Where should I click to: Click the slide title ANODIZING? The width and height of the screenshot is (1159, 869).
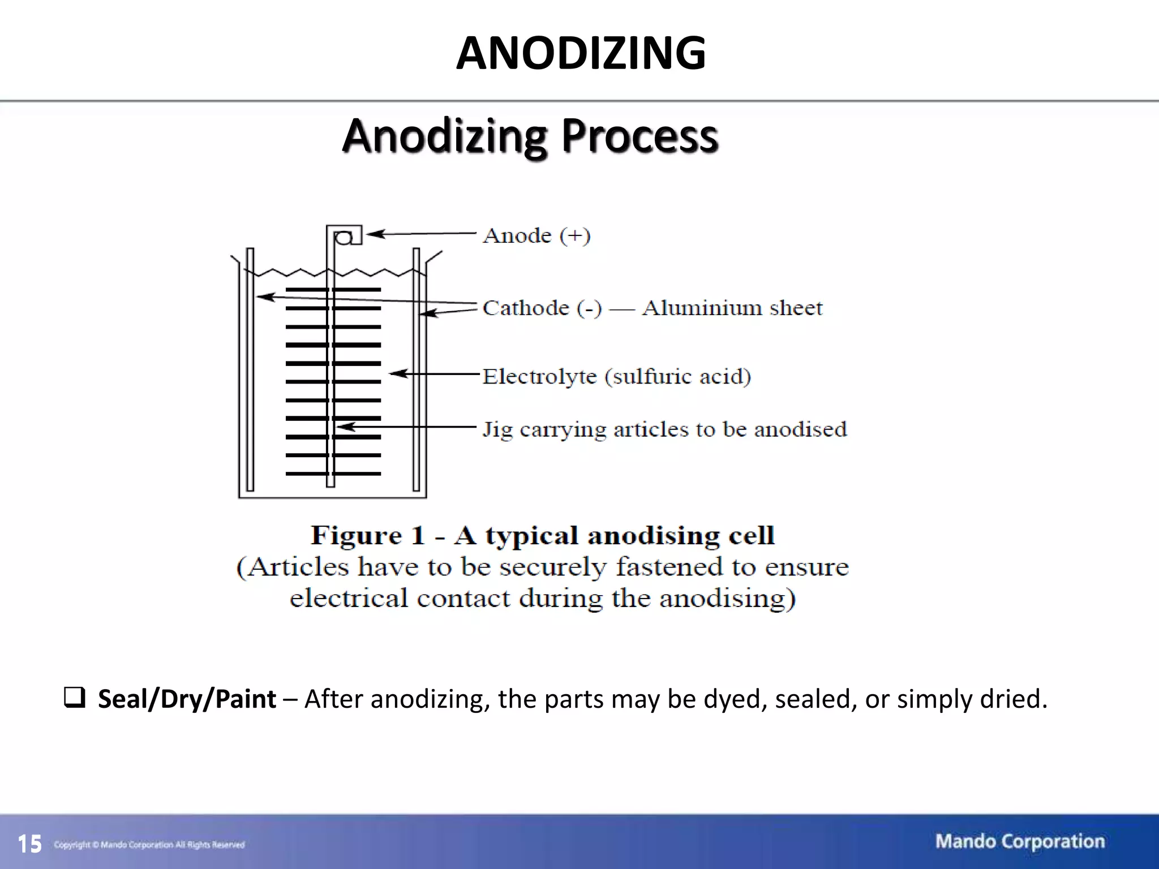click(581, 53)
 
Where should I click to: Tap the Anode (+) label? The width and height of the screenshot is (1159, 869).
click(536, 235)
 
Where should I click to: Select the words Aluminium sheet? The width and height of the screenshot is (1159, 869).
click(732, 308)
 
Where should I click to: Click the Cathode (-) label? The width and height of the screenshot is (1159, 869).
click(542, 308)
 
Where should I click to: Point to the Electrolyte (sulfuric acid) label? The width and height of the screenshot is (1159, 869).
click(616, 376)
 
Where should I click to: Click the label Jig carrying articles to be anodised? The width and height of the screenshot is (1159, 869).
click(664, 429)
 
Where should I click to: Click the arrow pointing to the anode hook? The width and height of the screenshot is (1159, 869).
click(422, 233)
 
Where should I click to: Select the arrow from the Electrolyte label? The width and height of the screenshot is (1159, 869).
click(435, 373)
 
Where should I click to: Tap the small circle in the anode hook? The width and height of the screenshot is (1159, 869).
click(343, 239)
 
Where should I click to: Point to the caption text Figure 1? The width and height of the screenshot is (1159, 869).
click(367, 535)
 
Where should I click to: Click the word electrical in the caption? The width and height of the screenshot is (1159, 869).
click(348, 599)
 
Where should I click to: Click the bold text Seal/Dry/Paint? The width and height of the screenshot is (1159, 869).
click(187, 699)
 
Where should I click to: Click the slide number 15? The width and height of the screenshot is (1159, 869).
click(29, 844)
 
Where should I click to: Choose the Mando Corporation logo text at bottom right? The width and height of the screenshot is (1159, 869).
click(1020, 842)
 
